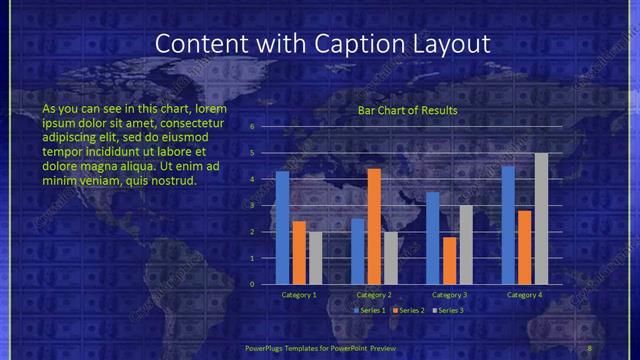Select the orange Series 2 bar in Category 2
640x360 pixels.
[374, 226]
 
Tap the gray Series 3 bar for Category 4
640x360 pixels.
[541, 219]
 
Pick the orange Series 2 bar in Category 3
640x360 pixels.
[449, 260]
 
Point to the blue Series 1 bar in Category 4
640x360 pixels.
[508, 225]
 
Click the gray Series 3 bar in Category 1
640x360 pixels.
[315, 258]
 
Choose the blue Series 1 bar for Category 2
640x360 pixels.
[358, 251]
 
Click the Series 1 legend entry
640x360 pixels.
[372, 310]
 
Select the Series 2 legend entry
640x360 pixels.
[411, 310]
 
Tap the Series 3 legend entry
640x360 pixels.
[450, 310]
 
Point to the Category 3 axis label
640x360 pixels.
[449, 295]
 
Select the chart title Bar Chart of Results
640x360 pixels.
[407, 110]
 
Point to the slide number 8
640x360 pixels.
[589, 346]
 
